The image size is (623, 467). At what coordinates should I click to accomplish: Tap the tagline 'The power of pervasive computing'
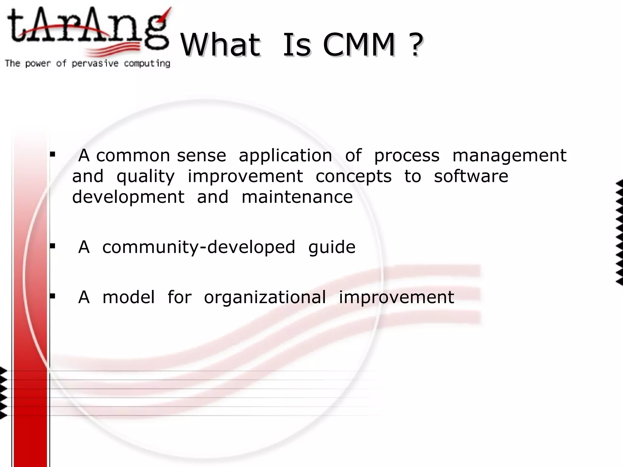(x=87, y=64)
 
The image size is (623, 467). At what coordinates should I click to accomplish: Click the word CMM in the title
(x=359, y=45)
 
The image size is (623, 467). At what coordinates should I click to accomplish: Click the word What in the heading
(x=221, y=45)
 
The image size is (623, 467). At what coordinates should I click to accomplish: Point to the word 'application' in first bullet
(x=285, y=156)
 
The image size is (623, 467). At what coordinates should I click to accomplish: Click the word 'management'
(x=509, y=156)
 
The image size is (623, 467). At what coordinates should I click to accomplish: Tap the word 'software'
(x=471, y=176)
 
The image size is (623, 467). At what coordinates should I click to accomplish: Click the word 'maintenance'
(x=297, y=197)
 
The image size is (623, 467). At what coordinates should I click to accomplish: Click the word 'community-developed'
(x=198, y=247)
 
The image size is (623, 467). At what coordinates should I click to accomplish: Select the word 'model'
(x=128, y=297)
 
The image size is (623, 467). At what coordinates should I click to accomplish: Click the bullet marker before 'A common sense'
(x=53, y=154)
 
